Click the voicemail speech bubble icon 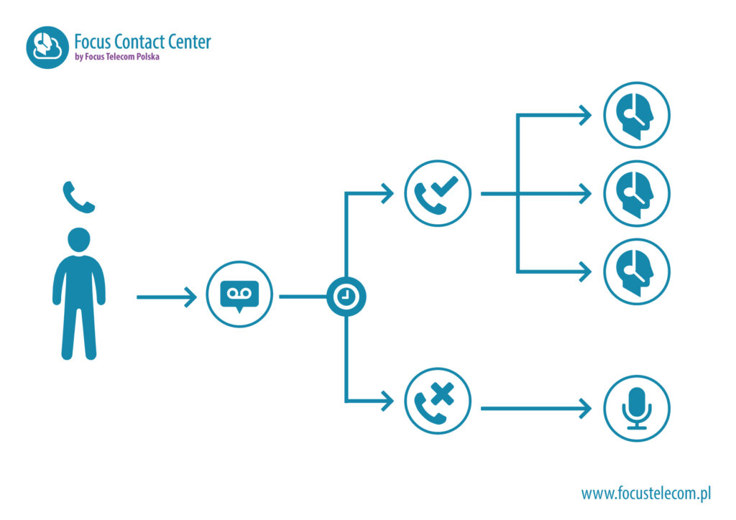click(239, 294)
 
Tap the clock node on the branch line click(346, 296)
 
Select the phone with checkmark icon click(437, 192)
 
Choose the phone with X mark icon click(437, 400)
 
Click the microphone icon click(637, 408)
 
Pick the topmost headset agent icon click(637, 115)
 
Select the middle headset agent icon click(637, 193)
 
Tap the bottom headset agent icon click(637, 271)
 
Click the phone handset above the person click(78, 197)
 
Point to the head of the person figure click(78, 240)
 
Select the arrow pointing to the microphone click(535, 408)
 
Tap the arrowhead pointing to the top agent click(585, 115)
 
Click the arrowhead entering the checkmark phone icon click(388, 192)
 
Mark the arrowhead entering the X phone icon click(388, 400)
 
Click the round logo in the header click(47, 47)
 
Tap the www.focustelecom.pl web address click(645, 493)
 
